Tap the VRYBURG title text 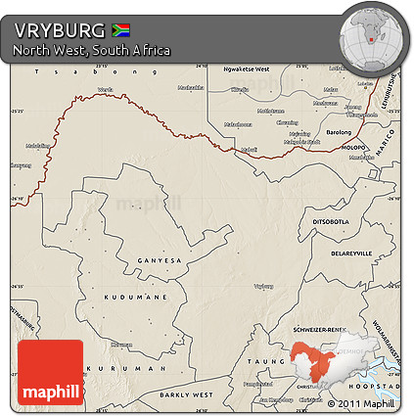coord(60,29)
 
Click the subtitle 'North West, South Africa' coord(92,50)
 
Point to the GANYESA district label coord(161,261)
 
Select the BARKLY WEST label coord(186,394)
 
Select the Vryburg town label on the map coord(263,287)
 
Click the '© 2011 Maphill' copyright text coord(361,402)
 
